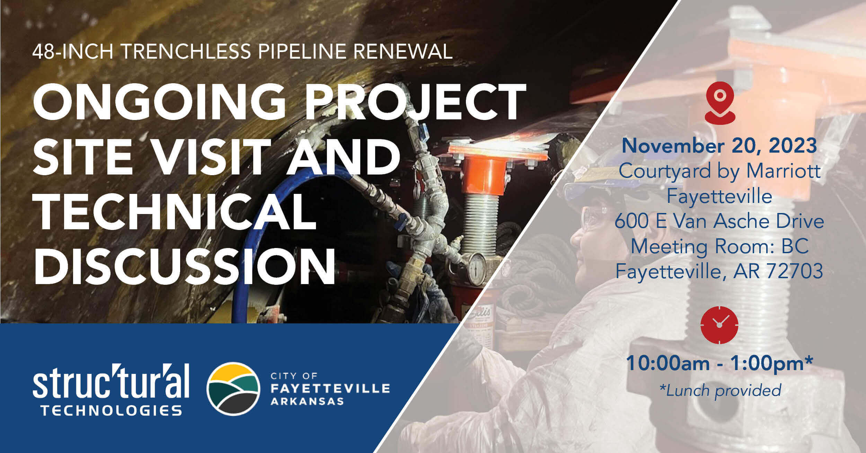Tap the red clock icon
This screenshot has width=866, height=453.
coord(719,325)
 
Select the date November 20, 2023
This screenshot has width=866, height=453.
coord(719,146)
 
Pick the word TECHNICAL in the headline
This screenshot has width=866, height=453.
coord(175,211)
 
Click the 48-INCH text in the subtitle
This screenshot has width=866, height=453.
coord(73,51)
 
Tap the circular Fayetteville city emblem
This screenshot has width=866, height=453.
coord(233,389)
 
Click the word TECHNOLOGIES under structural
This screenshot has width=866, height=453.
coord(111,410)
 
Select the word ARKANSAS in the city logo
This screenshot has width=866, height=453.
coord(307,402)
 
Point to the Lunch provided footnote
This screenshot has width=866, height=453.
coord(720,390)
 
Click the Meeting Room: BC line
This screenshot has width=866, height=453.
coord(720,246)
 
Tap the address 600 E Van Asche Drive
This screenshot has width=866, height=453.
coord(719,221)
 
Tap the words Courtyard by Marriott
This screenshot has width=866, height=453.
coord(720,171)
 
